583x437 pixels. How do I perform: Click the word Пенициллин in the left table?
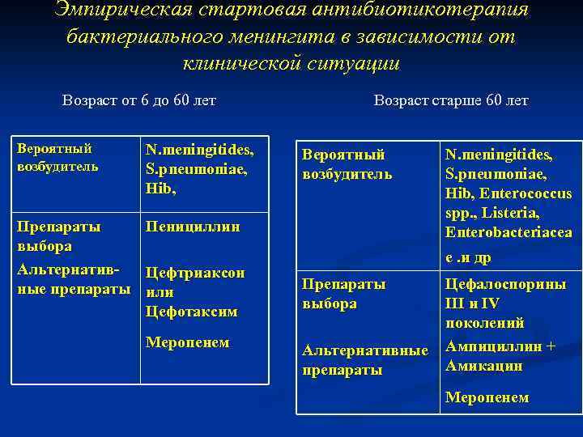pos(193,227)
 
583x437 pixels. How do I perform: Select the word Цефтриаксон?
pos(195,273)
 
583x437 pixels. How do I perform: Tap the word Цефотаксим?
pos(192,312)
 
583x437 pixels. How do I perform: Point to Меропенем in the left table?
pos(188,342)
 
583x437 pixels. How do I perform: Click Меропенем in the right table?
pos(487,397)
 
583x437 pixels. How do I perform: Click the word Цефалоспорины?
pos(505,284)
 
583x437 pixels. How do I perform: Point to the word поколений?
pos(485,323)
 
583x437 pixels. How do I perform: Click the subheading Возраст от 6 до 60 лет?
pos(139,101)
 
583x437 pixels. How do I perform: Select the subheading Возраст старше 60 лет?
pos(451,101)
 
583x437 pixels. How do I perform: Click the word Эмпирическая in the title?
pos(122,11)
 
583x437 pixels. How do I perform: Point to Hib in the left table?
pos(160,188)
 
